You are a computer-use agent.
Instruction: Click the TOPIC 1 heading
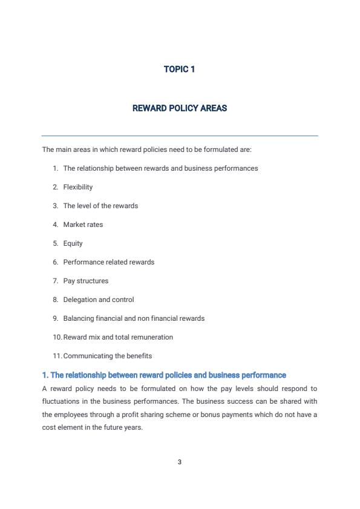pyautogui.click(x=180, y=70)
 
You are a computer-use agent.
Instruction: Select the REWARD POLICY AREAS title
pyautogui.click(x=180, y=109)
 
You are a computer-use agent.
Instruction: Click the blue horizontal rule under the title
pyautogui.click(x=180, y=136)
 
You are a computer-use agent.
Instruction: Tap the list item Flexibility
pyautogui.click(x=78, y=188)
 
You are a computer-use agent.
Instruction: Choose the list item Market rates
pyautogui.click(x=83, y=225)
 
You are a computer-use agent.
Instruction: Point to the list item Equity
pyautogui.click(x=73, y=244)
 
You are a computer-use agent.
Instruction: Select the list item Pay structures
pyautogui.click(x=86, y=281)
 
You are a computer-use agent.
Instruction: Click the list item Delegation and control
pyautogui.click(x=99, y=300)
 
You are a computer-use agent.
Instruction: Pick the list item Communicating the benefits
pyautogui.click(x=108, y=356)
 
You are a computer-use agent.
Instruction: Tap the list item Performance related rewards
pyautogui.click(x=109, y=263)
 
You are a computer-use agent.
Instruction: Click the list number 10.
pyautogui.click(x=57, y=338)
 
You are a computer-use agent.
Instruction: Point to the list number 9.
pyautogui.click(x=55, y=319)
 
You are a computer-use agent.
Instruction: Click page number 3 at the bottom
pyautogui.click(x=180, y=462)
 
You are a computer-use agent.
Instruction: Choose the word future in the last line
pyautogui.click(x=107, y=428)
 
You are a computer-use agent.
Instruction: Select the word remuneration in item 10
pyautogui.click(x=151, y=338)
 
